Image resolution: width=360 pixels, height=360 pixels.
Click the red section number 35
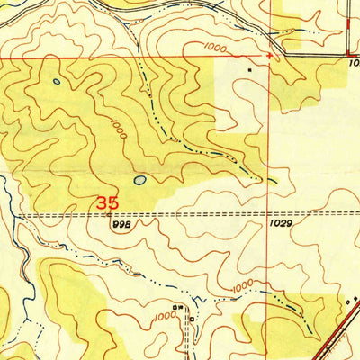(108, 202)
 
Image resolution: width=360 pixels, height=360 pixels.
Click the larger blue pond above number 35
(139, 179)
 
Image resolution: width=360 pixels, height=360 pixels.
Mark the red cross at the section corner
(269, 56)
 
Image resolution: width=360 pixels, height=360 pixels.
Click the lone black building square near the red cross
(251, 67)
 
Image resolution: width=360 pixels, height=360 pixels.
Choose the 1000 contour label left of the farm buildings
(163, 317)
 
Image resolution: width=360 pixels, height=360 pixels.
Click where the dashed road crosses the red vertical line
(270, 214)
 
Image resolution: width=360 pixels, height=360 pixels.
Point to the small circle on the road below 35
(107, 215)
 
